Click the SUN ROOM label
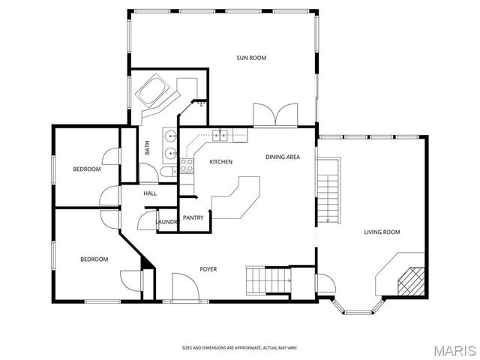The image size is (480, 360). [251, 58]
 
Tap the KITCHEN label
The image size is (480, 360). [220, 162]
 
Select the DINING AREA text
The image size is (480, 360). [283, 157]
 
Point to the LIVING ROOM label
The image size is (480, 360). [382, 232]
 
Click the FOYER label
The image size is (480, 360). [208, 268]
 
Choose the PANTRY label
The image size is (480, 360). [193, 217]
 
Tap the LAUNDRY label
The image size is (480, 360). [166, 222]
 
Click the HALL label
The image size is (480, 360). [150, 193]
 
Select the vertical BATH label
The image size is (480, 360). [147, 149]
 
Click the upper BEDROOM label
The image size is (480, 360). [86, 169]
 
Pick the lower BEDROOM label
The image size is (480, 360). [94, 259]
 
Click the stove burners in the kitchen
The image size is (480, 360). [187, 165]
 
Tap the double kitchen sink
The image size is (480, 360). [220, 135]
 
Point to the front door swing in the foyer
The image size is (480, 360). [184, 286]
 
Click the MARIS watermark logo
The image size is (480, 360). [454, 349]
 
